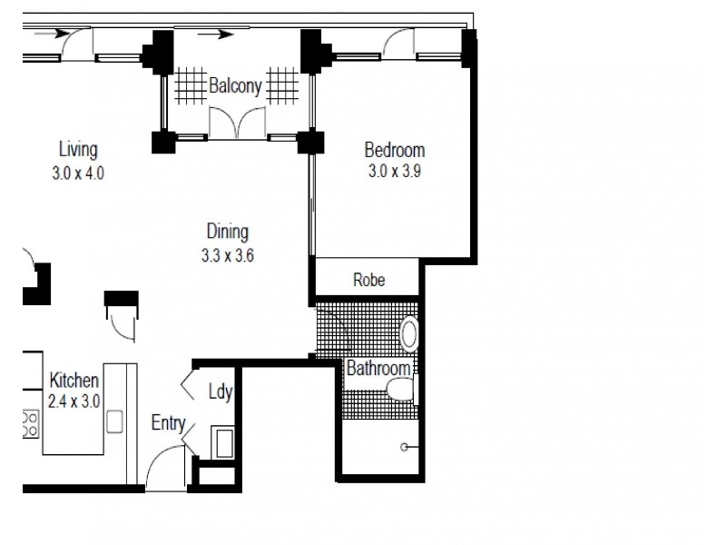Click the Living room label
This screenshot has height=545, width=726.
tap(78, 149)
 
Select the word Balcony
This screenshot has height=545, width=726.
tap(236, 87)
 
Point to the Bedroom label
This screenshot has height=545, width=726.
tap(394, 150)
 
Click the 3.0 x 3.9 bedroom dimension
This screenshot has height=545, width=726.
tap(394, 172)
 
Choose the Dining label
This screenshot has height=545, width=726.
tap(226, 232)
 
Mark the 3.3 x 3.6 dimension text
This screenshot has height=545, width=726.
tap(227, 255)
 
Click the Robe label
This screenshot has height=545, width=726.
tap(368, 281)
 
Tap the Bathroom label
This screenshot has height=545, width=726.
tap(378, 369)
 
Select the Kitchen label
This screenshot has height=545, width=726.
tap(74, 380)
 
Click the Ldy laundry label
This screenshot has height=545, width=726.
tap(221, 393)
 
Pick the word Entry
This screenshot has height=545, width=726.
tap(170, 422)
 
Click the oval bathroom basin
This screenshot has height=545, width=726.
tap(409, 333)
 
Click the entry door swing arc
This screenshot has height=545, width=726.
tap(163, 468)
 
